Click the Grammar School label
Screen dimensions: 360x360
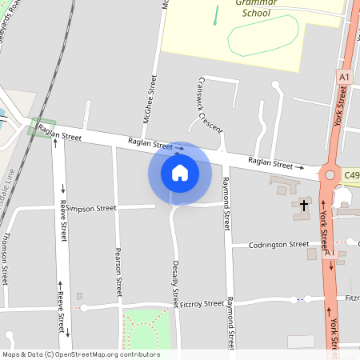[x=256, y=8]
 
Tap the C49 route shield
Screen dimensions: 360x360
[x=352, y=174]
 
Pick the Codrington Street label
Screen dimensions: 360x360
[x=278, y=244]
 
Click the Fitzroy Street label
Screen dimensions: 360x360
[x=202, y=304]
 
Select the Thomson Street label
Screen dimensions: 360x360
[x=6, y=260]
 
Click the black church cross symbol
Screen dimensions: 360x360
[x=303, y=206]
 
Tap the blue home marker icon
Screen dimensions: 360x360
[x=180, y=173]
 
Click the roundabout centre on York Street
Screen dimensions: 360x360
[x=328, y=174]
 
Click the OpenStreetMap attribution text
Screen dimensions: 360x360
[x=81, y=354]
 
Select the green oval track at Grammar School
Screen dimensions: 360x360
[x=263, y=35]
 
